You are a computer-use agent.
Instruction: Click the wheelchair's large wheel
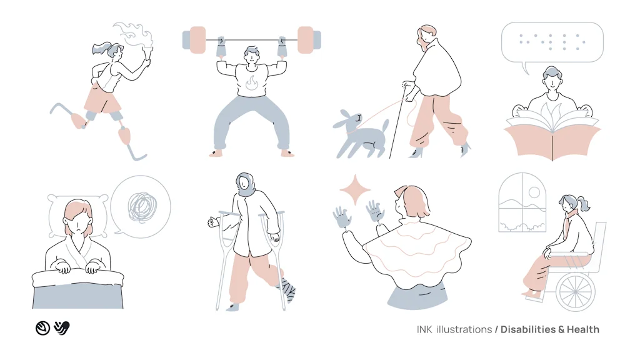[x=576, y=291]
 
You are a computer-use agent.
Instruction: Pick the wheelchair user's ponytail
[x=584, y=204]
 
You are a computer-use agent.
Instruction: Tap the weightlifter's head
[x=251, y=56]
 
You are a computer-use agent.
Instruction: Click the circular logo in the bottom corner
[x=42, y=328]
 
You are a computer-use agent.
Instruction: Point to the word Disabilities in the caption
[x=529, y=329]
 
